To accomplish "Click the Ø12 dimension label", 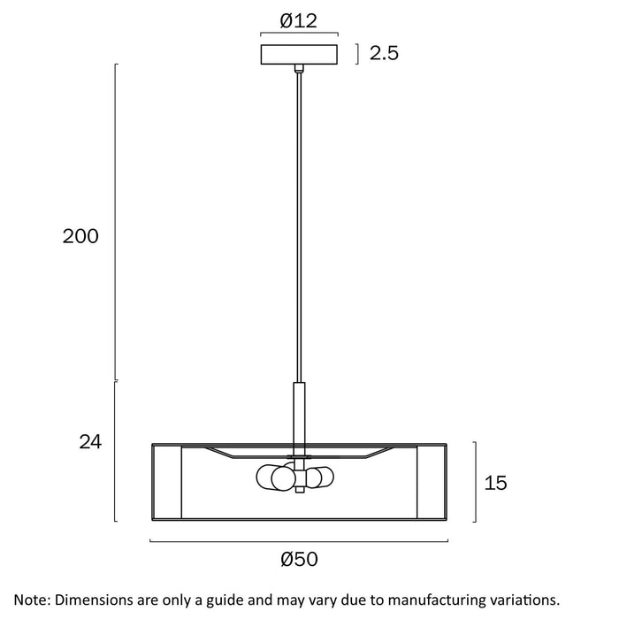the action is pos(299,20).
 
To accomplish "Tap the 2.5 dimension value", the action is pos(384,53).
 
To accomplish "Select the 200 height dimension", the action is pos(80,236).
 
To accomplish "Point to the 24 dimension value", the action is pos(90,442).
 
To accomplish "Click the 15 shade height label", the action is pos(496,483).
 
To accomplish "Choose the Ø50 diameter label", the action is pos(299,559).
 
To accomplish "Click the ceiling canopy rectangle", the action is pos(299,55).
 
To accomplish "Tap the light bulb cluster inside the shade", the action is pos(294,478).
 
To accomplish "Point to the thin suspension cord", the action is pos(299,227).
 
